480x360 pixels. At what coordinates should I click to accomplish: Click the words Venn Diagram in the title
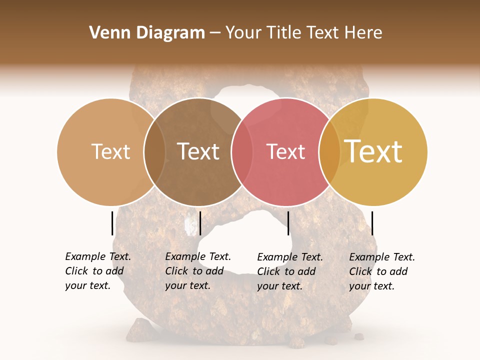click(x=147, y=33)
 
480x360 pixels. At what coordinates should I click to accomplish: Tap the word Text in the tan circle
click(x=110, y=151)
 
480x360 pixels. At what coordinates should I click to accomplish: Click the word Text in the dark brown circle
click(x=198, y=151)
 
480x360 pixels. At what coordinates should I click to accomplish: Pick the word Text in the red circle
click(x=285, y=151)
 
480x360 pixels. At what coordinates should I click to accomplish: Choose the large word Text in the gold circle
click(x=373, y=151)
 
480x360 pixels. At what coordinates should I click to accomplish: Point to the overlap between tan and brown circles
click(x=154, y=152)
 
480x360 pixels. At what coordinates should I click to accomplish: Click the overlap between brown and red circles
click(x=242, y=152)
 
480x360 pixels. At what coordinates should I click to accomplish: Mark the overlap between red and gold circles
click(x=329, y=152)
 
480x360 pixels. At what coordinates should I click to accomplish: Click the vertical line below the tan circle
click(x=112, y=223)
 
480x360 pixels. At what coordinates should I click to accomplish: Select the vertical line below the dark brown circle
click(x=200, y=223)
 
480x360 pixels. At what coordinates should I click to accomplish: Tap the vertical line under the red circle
click(x=288, y=223)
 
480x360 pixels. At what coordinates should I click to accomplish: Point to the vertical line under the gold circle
click(x=372, y=223)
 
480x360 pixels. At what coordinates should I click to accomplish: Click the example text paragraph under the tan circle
click(x=98, y=271)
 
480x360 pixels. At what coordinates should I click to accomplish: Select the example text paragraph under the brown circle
click(x=198, y=271)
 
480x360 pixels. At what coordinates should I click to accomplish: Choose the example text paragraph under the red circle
click(x=290, y=271)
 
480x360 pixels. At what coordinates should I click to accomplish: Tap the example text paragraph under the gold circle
click(x=382, y=271)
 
